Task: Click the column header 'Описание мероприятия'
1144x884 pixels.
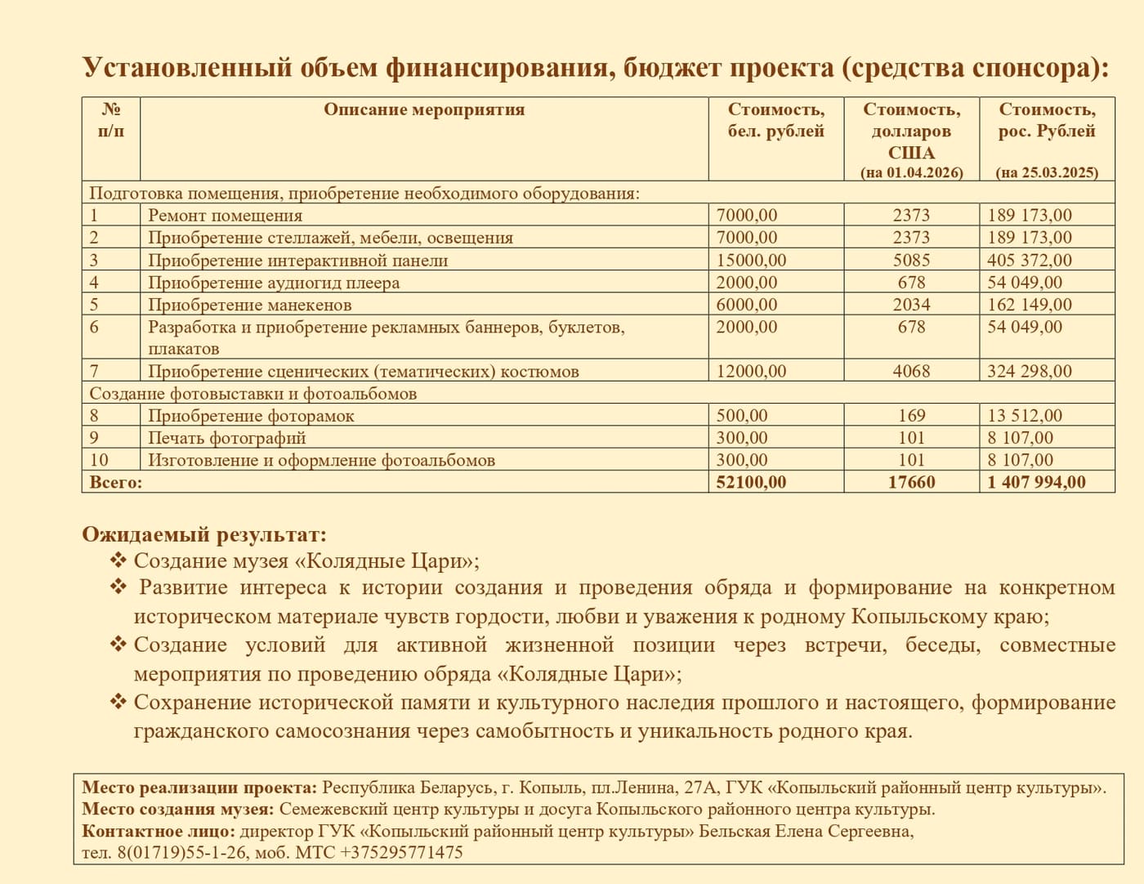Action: pyautogui.click(x=423, y=109)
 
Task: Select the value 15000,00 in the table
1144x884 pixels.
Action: pyautogui.click(x=751, y=260)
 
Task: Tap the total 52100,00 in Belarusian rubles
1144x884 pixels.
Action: pyautogui.click(x=751, y=482)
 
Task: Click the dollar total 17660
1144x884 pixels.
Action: pyautogui.click(x=911, y=482)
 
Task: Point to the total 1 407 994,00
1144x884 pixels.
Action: pyautogui.click(x=1036, y=482)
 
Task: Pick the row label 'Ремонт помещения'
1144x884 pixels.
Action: pyautogui.click(x=225, y=216)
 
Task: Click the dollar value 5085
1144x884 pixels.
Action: pyautogui.click(x=911, y=260)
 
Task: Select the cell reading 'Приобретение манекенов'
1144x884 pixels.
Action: pyautogui.click(x=249, y=305)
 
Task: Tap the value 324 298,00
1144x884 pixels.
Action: pyautogui.click(x=1030, y=371)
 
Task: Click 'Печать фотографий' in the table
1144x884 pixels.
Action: pyautogui.click(x=226, y=438)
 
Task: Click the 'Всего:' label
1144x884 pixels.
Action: pyautogui.click(x=115, y=482)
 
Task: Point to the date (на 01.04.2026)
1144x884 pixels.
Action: pyautogui.click(x=911, y=172)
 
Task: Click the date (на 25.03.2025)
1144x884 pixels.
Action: pyautogui.click(x=1047, y=172)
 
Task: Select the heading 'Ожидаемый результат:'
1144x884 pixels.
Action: pyautogui.click(x=204, y=535)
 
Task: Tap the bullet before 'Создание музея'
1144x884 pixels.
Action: pyautogui.click(x=118, y=560)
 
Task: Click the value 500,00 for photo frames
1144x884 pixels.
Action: pyautogui.click(x=742, y=416)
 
